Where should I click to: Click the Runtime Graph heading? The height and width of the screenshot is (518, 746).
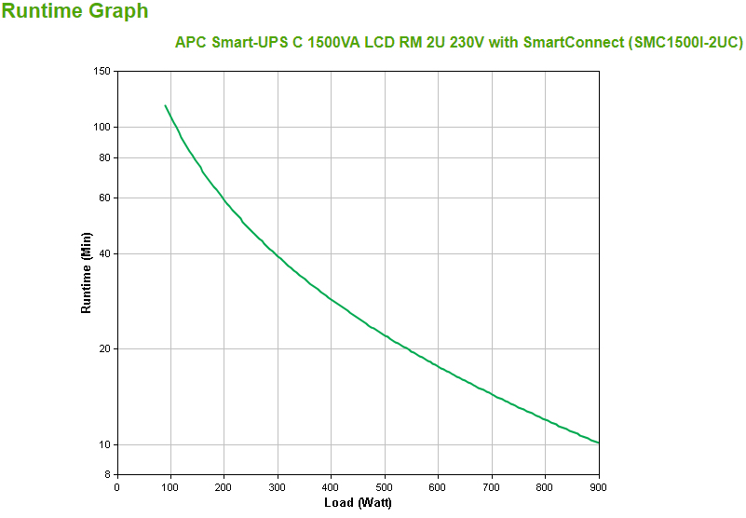tap(75, 12)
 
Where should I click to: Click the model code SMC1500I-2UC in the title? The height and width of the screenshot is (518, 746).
tap(685, 43)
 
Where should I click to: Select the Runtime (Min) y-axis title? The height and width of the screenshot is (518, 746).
tap(87, 271)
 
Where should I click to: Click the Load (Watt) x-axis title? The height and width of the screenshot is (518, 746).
tap(358, 503)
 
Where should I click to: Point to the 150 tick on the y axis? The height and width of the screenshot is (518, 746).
tap(102, 72)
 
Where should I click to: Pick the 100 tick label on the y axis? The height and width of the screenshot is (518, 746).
tap(102, 128)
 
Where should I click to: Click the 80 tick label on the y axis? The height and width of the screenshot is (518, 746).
tap(105, 158)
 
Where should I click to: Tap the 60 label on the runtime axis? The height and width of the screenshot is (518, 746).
tap(105, 198)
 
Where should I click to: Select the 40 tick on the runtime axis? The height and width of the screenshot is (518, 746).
tap(105, 253)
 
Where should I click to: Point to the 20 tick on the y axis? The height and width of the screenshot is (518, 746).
tap(105, 349)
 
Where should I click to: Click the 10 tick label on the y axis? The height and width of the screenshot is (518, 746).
tap(105, 444)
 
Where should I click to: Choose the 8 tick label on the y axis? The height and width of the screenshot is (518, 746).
tap(108, 475)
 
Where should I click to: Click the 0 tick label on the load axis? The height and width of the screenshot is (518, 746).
tap(116, 487)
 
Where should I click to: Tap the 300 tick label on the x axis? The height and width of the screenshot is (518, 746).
tap(277, 487)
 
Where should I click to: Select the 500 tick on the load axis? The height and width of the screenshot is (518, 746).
tap(385, 487)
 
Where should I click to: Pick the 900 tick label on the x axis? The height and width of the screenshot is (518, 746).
tap(599, 487)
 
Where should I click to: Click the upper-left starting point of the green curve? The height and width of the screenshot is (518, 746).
tap(165, 105)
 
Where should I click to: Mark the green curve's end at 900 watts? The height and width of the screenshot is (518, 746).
tap(599, 443)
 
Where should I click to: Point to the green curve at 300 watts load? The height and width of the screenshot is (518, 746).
tap(278, 254)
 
